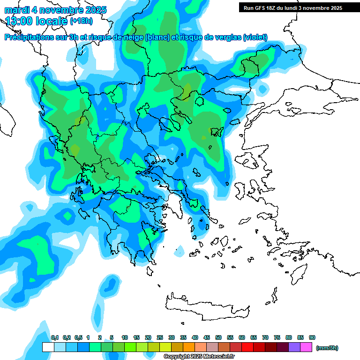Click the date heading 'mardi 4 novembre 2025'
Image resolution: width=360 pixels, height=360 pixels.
pos(55,10)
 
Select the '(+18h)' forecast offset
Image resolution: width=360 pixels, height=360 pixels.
pos(82,21)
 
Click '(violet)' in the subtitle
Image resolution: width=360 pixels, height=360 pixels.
pos(255,37)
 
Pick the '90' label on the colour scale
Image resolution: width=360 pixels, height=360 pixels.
pos(312,338)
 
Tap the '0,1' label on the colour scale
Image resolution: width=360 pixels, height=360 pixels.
pos(55,338)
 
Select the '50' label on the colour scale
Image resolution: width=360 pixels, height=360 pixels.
pos(218,338)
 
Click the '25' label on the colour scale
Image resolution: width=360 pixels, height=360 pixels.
pos(160,338)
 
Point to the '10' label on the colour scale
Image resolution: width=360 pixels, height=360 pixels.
pos(125,338)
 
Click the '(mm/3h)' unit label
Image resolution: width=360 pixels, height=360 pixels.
pos(327,348)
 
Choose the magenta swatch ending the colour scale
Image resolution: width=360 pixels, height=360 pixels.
pos(306,347)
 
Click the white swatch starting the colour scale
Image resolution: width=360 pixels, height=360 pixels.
pos(48,347)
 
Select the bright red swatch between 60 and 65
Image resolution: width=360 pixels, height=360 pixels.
pos(247,347)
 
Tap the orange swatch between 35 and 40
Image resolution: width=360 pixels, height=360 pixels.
pos(189,347)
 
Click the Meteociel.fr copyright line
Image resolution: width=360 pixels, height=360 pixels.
pos(199,357)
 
